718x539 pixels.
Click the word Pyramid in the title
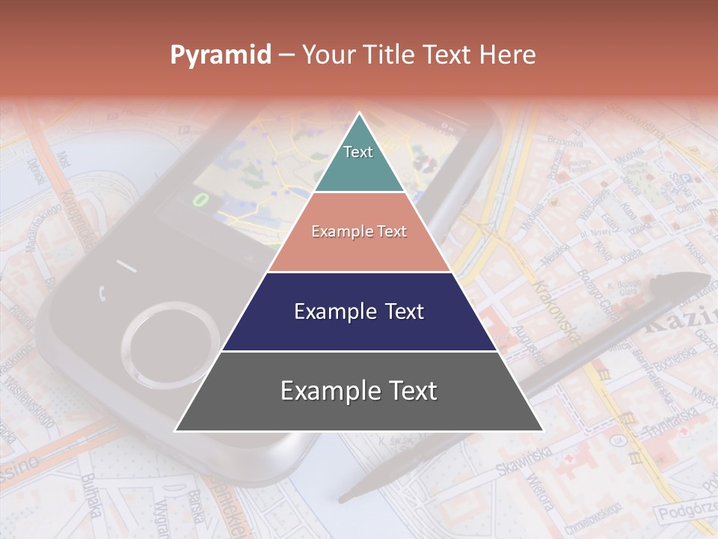[220, 55]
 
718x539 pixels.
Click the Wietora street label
[538, 491]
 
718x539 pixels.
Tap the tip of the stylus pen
[343, 497]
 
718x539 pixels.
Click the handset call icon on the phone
[102, 292]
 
